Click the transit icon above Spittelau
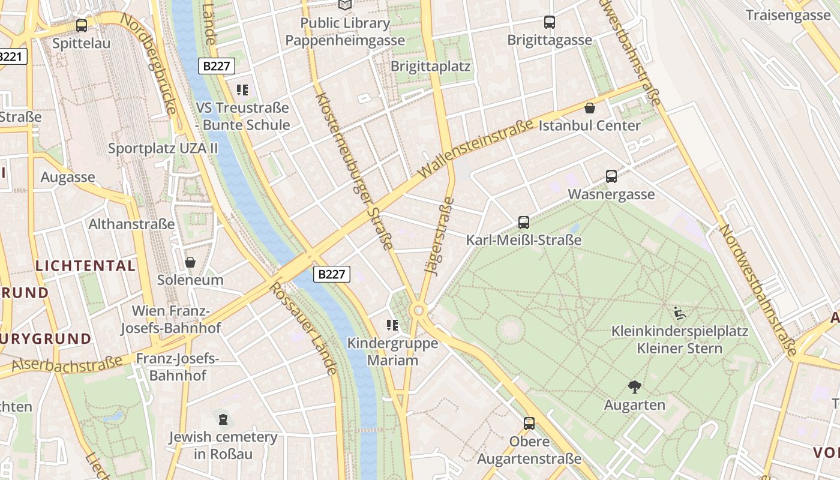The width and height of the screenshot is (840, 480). tap(82, 26)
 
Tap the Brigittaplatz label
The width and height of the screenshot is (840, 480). tap(430, 66)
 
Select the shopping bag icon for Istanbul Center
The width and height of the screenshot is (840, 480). tap(590, 108)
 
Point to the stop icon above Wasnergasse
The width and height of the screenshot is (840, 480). tap(611, 176)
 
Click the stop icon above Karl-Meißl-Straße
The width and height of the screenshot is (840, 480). tap(523, 223)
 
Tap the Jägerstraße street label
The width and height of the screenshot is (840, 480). tap(440, 236)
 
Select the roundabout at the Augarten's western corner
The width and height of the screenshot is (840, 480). tap(418, 311)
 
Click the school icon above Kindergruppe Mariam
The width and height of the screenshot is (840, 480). tap(392, 325)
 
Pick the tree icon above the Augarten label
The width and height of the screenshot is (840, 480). tap(634, 387)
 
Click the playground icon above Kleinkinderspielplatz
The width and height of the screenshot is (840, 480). tap(679, 313)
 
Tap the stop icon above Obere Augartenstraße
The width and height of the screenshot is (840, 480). tap(529, 424)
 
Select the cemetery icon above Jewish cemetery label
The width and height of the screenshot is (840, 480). tap(223, 418)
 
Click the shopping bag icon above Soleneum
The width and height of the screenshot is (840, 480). tap(190, 262)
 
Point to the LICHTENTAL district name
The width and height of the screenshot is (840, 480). tap(86, 266)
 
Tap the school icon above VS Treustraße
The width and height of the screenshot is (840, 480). tap(242, 90)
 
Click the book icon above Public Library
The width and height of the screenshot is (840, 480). tap(345, 5)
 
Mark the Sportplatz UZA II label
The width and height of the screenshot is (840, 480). tap(163, 148)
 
